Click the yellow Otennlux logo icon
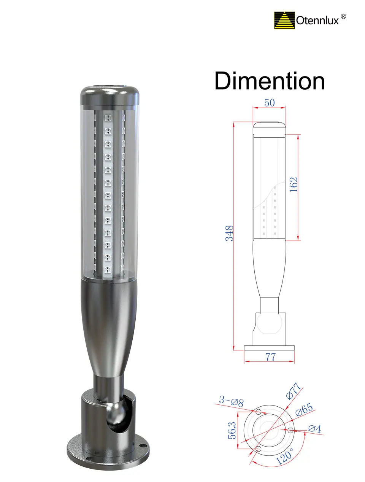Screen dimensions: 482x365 tap(284, 20)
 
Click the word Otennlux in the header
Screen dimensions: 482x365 tap(317, 21)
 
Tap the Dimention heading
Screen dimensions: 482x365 tap(269, 81)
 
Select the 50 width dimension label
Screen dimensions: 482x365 tap(269, 103)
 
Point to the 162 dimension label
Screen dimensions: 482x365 tap(294, 185)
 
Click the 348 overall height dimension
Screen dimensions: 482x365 tap(229, 233)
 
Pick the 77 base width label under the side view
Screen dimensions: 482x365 tap(270, 356)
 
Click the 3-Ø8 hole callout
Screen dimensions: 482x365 tap(231, 401)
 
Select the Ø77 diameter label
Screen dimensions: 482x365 tap(294, 391)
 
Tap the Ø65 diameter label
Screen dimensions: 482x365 tap(304, 410)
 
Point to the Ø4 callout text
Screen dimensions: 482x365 tap(315, 429)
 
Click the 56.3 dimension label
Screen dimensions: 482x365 tap(232, 430)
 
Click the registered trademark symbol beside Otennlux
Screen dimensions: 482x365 tap(343, 16)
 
